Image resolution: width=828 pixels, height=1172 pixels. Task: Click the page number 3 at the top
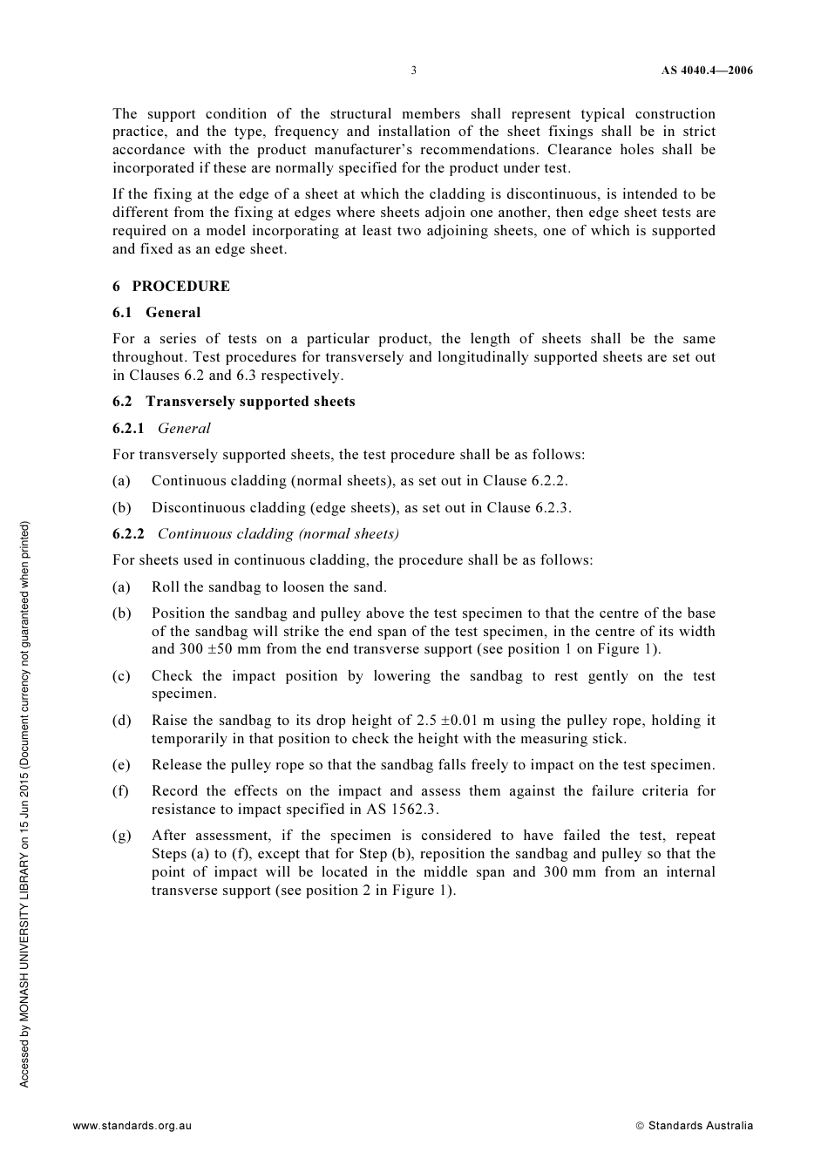[414, 71]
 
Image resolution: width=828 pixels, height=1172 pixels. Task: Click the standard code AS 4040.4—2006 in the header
[706, 71]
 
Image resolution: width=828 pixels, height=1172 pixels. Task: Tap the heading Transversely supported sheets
[250, 402]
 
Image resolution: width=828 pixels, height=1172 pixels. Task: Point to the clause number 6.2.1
[128, 429]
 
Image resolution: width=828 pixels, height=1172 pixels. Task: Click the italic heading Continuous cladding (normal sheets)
[278, 534]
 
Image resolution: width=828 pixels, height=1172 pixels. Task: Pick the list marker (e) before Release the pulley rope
[121, 765]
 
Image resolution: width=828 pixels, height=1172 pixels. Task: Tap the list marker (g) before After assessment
[121, 836]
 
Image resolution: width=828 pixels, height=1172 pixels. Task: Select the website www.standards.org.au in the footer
[132, 1126]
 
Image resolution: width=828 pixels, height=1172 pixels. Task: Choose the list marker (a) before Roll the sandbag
[121, 587]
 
